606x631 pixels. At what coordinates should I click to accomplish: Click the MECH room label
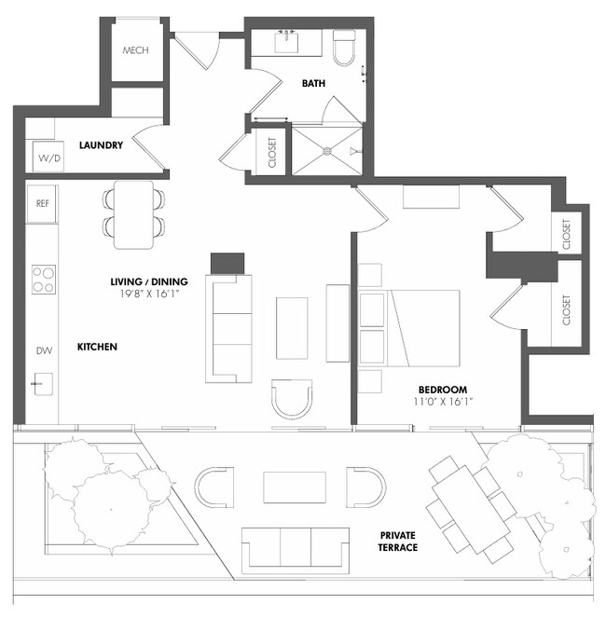(x=136, y=49)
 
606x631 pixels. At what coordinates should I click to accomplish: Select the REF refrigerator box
(x=43, y=203)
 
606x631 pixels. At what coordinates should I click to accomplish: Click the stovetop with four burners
(x=44, y=279)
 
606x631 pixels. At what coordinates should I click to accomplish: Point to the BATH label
(x=313, y=84)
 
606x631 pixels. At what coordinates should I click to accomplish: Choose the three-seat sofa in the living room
(x=229, y=327)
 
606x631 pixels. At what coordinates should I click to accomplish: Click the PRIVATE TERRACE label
(x=398, y=542)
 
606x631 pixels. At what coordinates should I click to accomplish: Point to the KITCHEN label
(x=97, y=347)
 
